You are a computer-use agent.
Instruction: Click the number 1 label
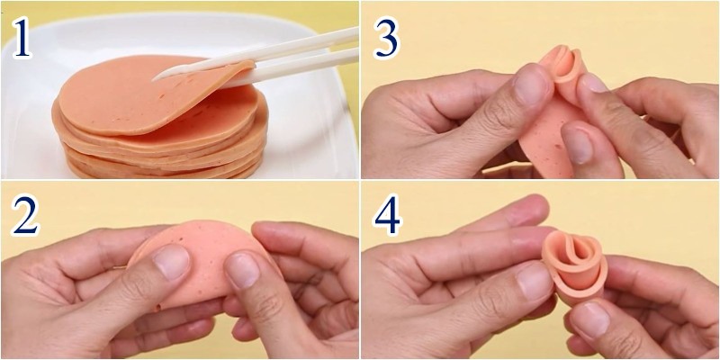click(22, 37)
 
